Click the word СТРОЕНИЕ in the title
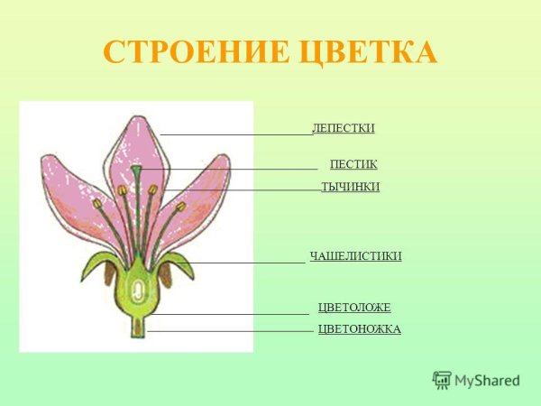click(x=189, y=51)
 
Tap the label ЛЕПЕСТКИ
click(x=343, y=128)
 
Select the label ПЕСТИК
click(x=353, y=164)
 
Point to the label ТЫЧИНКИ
click(x=350, y=187)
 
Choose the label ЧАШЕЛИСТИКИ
click(x=355, y=256)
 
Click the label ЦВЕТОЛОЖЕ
click(x=354, y=308)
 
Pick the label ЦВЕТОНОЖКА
click(x=359, y=329)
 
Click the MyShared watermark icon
click(x=441, y=380)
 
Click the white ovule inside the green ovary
click(x=137, y=290)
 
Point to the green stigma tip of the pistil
click(x=136, y=170)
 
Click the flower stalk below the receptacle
click(x=137, y=326)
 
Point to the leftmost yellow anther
click(x=97, y=204)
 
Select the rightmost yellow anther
click(x=180, y=207)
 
